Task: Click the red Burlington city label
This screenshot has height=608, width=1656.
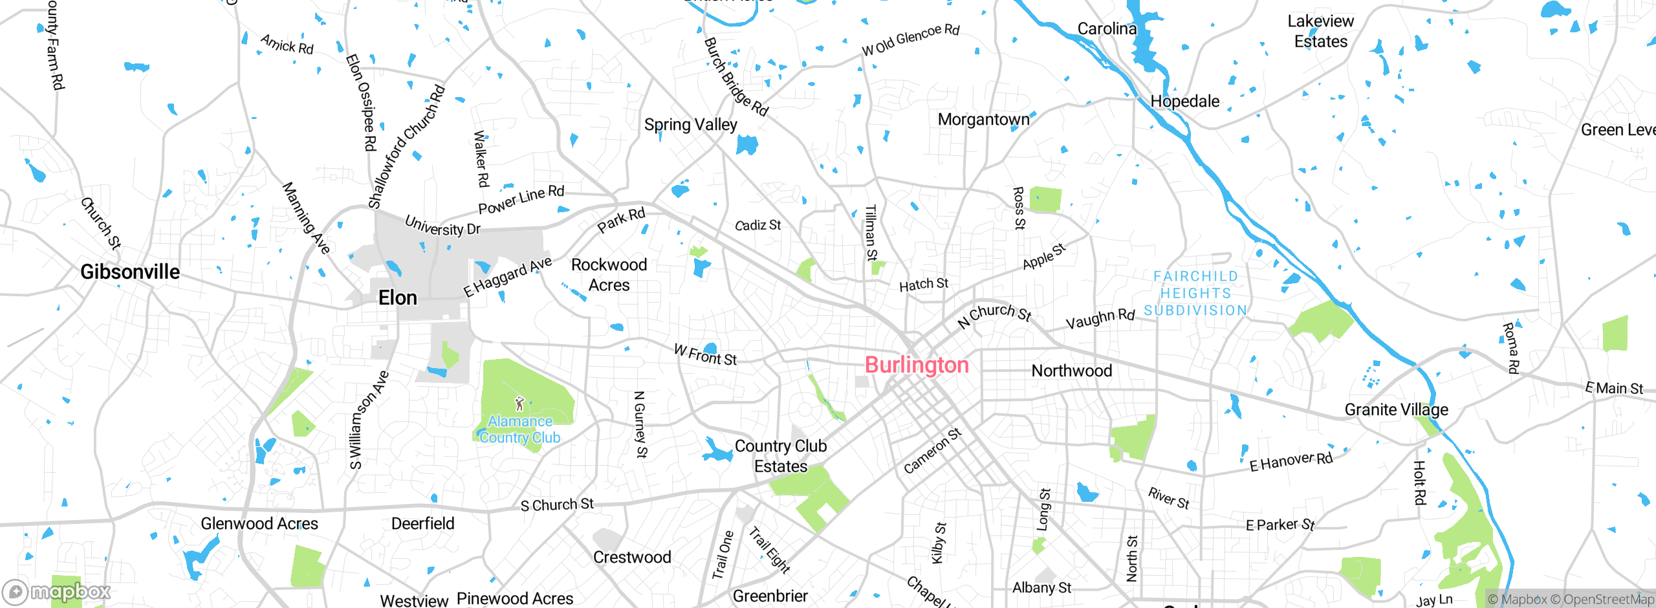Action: click(x=917, y=365)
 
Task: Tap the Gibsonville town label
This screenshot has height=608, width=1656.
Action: click(x=130, y=272)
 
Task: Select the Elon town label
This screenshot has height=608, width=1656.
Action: click(x=397, y=298)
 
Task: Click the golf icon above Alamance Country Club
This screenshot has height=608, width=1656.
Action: click(x=519, y=404)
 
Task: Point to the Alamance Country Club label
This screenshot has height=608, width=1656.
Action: click(x=520, y=429)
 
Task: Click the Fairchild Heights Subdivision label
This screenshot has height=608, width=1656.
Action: click(x=1195, y=294)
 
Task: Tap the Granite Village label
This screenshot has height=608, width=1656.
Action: click(x=1396, y=409)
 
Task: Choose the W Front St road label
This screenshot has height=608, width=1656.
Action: click(x=705, y=355)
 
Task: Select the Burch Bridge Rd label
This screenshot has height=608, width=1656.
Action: click(x=735, y=77)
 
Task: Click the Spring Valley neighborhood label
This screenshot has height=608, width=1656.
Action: click(x=690, y=124)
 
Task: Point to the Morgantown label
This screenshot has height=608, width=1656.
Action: click(x=983, y=120)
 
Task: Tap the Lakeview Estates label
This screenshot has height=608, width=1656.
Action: click(x=1320, y=31)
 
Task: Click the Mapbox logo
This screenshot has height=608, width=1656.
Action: click(x=57, y=591)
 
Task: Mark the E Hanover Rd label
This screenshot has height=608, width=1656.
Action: click(x=1291, y=462)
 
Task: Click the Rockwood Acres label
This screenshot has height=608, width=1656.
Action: click(x=609, y=275)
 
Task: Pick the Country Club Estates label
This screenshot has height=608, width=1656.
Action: click(x=781, y=456)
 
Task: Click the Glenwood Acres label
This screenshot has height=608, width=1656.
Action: click(x=259, y=523)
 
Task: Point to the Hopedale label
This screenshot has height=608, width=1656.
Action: click(x=1184, y=102)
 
